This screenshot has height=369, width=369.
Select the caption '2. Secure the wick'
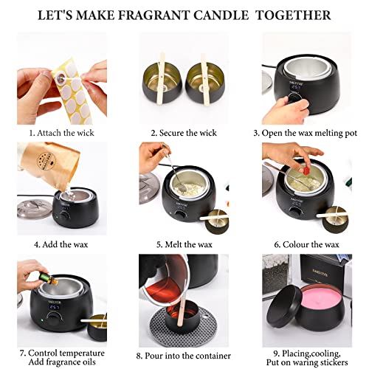184,133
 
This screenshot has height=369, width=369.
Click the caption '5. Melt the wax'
184,243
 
